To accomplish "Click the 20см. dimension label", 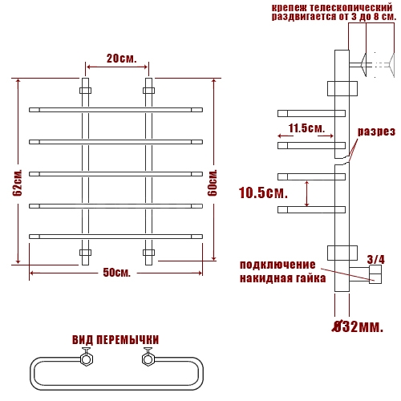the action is (122, 59).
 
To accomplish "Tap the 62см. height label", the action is (18, 183).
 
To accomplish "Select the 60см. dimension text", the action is (213, 183).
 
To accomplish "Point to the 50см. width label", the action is (117, 273).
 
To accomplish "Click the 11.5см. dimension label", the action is (306, 128).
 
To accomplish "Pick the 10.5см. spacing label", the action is (263, 192).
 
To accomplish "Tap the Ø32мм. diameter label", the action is (358, 326).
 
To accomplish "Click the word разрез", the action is (376, 132).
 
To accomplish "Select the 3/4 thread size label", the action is (376, 259).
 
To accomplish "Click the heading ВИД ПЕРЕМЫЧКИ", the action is (115, 340).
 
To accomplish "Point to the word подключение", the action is (277, 265).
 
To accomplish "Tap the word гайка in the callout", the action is (311, 278).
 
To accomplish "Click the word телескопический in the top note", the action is (351, 7).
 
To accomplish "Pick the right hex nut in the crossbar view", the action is (148, 358).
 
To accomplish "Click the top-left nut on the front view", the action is (85, 91).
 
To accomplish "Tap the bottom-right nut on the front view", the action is (148, 253).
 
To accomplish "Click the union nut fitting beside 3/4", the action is (375, 274).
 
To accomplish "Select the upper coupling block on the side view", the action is (342, 88).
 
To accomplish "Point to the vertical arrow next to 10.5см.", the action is (307, 194).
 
